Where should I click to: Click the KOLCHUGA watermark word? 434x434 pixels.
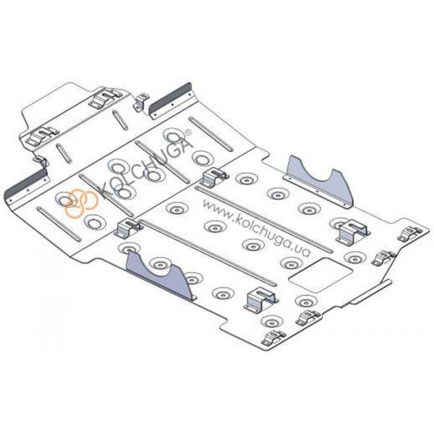145,164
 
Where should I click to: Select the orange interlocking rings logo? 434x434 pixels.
80,203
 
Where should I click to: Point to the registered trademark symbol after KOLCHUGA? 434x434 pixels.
189,132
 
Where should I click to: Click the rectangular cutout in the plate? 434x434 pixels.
320,275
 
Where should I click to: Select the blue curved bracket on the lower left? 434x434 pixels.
161,276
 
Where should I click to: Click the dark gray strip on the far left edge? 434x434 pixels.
27,184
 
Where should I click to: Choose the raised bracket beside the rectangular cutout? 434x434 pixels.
262,300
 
